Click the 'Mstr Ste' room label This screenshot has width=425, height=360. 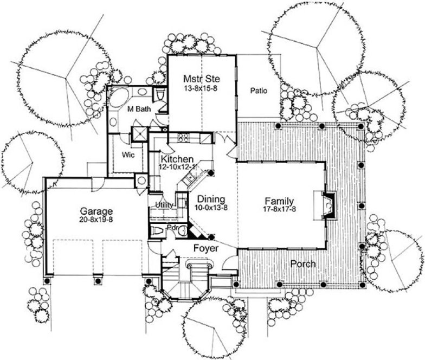click(201, 79)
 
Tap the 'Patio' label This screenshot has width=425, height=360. click(258, 91)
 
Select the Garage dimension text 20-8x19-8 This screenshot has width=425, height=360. click(96, 220)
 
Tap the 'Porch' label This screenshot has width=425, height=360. click(302, 264)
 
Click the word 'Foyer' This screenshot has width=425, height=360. click(205, 248)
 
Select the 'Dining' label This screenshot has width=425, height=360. click(208, 199)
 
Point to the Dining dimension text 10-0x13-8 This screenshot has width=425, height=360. click(208, 207)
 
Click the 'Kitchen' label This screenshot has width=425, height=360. click(177, 159)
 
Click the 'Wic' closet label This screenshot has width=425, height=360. click(128, 154)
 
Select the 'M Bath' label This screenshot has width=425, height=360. click(139, 109)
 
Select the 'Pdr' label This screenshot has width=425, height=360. click(173, 228)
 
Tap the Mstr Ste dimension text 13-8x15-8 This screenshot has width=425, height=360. click(201, 88)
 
